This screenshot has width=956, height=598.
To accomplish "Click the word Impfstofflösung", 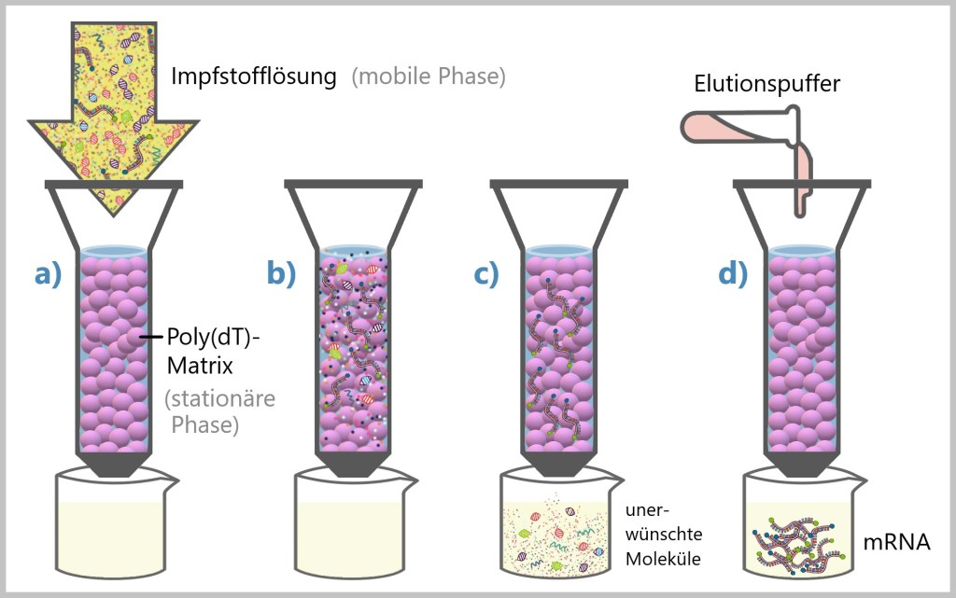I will click(253, 76).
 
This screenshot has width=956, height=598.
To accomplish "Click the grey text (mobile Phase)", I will click(429, 76).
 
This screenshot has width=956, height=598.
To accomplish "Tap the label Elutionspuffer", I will click(766, 84).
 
